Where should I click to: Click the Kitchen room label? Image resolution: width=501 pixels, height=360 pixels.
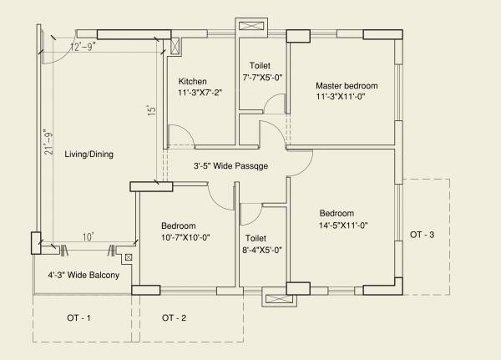(x=192, y=81)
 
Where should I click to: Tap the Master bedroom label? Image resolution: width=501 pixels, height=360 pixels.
(x=347, y=85)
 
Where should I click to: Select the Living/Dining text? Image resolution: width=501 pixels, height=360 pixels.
(x=81, y=154)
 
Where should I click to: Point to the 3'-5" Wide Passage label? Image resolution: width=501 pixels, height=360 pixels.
(x=230, y=166)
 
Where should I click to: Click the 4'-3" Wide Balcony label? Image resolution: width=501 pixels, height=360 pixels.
(x=83, y=275)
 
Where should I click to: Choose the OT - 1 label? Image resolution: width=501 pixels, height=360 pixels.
(x=78, y=317)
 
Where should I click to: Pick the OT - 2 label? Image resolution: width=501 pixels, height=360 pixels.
(x=174, y=317)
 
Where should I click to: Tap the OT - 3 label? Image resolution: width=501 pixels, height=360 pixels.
(x=422, y=236)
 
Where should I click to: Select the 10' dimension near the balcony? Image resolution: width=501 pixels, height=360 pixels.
(x=88, y=238)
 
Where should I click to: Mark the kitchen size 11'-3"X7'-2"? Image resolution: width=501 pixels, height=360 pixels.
(x=201, y=94)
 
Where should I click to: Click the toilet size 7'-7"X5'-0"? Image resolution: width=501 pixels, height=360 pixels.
(x=263, y=78)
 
